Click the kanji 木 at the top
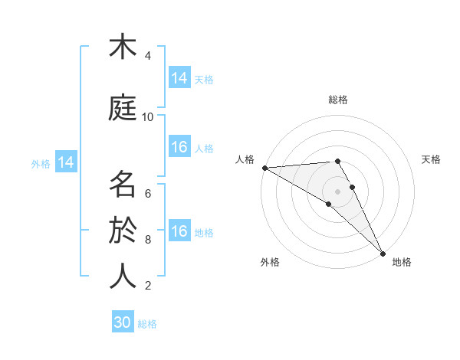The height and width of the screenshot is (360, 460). click(123, 47)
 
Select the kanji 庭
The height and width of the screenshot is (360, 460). click(123, 108)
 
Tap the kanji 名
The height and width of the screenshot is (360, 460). click(123, 185)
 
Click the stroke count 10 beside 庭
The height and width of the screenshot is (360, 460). click(148, 117)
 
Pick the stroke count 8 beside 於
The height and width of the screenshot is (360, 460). click(148, 240)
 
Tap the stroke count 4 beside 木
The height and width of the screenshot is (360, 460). click(148, 56)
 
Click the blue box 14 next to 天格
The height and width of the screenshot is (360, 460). click(179, 78)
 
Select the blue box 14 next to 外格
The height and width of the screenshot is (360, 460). click(66, 162)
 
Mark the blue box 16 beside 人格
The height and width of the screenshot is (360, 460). click(179, 147)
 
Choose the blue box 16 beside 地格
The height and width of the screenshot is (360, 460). click(179, 231)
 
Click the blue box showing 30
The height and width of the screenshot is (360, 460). click(123, 322)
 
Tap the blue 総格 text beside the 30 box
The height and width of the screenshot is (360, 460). click(148, 324)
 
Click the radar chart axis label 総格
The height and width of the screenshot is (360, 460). click(337, 100)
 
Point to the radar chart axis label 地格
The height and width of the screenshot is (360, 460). click(402, 262)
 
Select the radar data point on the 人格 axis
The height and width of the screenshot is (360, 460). click(264, 168)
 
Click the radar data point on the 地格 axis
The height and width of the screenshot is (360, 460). click(383, 253)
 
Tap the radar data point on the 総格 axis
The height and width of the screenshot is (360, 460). click(337, 161)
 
